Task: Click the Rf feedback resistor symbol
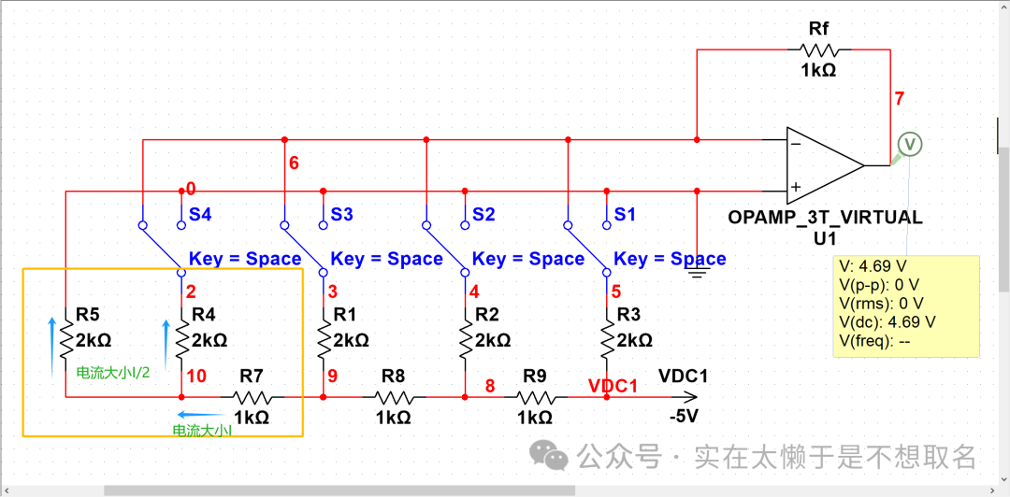pyautogui.click(x=818, y=50)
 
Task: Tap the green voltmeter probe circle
pyautogui.click(x=910, y=144)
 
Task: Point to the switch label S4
pyautogui.click(x=200, y=215)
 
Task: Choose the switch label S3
pyautogui.click(x=342, y=215)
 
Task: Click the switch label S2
pyautogui.click(x=483, y=215)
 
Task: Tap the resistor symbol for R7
pyautogui.click(x=251, y=396)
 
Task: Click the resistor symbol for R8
pyautogui.click(x=394, y=396)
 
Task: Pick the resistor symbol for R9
pyautogui.click(x=535, y=396)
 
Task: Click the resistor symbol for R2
pyautogui.click(x=465, y=340)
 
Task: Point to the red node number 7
pyautogui.click(x=899, y=99)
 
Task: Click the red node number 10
pyautogui.click(x=196, y=376)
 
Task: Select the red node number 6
pyautogui.click(x=294, y=163)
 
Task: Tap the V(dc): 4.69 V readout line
pyautogui.click(x=887, y=321)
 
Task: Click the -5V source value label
pyautogui.click(x=684, y=417)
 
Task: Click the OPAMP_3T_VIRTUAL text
pyautogui.click(x=825, y=218)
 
